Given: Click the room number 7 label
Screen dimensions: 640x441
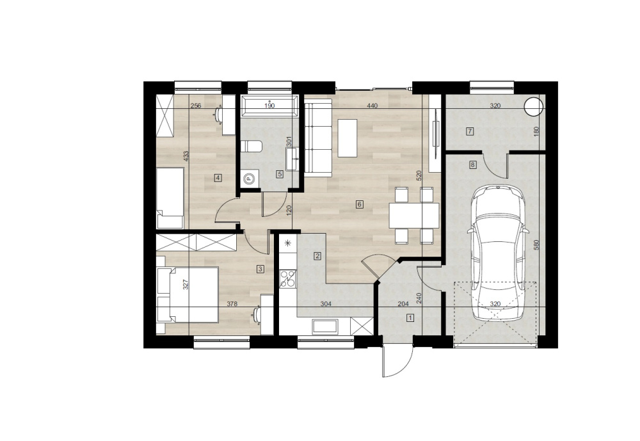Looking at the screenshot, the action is [470, 131].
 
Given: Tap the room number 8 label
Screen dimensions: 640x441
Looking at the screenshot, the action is [473, 165].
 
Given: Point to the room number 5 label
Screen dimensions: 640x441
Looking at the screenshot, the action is [280, 174].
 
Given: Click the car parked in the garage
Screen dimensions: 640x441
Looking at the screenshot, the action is [498, 253].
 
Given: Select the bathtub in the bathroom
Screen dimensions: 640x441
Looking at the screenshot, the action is [269, 106].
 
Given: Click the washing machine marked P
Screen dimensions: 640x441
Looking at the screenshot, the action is [250, 178].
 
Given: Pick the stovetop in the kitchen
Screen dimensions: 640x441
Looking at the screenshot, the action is [288, 279].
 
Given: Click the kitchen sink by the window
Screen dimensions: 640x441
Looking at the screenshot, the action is [325, 327].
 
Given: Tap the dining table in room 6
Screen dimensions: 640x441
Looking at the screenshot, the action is [414, 215].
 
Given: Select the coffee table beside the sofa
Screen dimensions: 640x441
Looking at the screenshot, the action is [348, 138].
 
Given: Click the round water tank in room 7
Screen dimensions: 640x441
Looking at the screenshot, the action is [534, 107].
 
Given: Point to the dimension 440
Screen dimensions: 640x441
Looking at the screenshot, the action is [372, 106].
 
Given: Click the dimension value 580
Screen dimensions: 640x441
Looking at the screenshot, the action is [537, 245].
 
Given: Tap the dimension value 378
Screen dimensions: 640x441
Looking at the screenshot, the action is [232, 304].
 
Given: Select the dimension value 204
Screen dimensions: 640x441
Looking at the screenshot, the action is [403, 304].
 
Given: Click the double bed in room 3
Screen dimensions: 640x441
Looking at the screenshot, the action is [188, 294].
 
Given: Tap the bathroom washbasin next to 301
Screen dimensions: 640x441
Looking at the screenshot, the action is [293, 159].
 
